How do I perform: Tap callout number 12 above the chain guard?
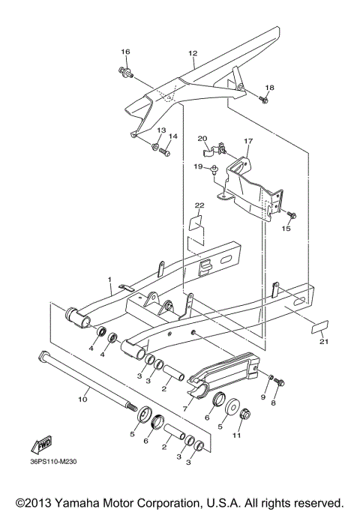pyautogui.click(x=193, y=53)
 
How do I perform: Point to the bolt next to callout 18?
pyautogui.click(x=264, y=99)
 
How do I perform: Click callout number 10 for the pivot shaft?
pyautogui.click(x=83, y=400)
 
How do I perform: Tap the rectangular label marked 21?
pyautogui.click(x=320, y=328)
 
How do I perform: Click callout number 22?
pyautogui.click(x=199, y=205)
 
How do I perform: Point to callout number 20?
pyautogui.click(x=202, y=138)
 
